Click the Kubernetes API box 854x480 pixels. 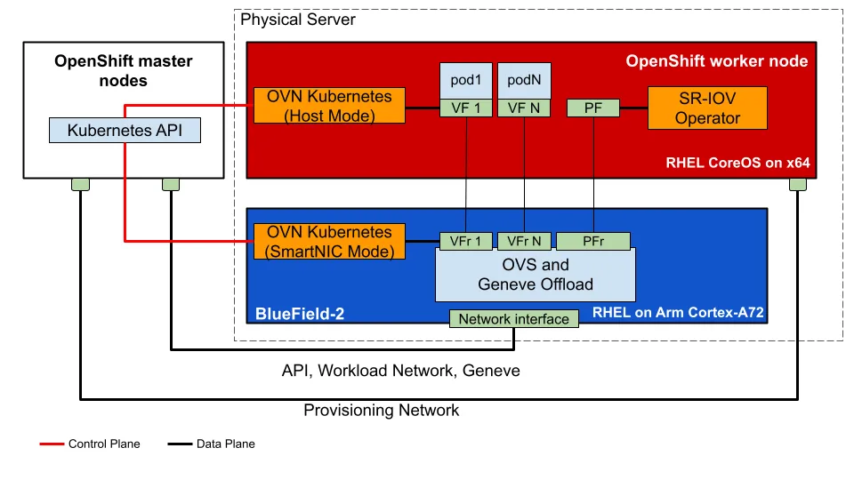point(125,132)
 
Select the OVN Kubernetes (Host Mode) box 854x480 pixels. point(329,107)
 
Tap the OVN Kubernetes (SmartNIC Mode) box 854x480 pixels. point(329,242)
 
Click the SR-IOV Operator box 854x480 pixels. point(707,107)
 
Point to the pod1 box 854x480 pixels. point(466,80)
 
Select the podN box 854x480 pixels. point(524,80)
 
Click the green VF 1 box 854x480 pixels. point(466,108)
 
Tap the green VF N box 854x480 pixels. point(524,108)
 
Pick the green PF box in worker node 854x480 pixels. point(592,108)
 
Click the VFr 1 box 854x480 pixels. point(466,241)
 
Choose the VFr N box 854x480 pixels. point(524,241)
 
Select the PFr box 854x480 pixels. point(593,241)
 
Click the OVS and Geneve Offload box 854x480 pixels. point(536,276)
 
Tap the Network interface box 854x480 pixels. point(514,318)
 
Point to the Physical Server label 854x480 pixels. point(298,20)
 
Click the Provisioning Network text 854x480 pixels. point(382,410)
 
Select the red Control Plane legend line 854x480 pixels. point(52,444)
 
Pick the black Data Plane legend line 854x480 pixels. point(180,444)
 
